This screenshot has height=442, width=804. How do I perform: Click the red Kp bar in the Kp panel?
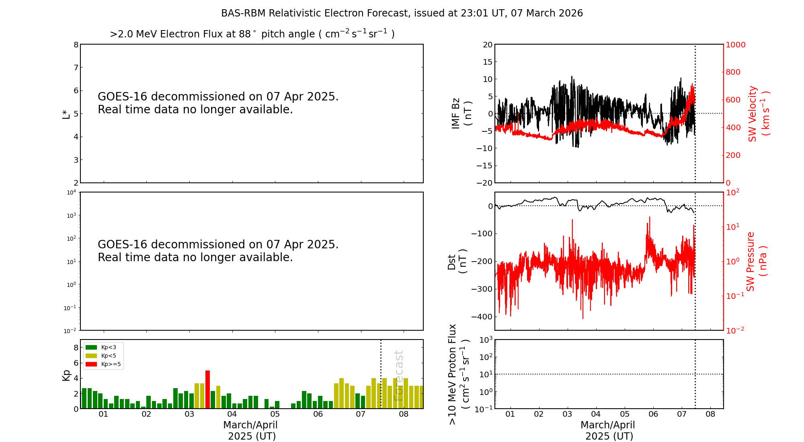click(207, 389)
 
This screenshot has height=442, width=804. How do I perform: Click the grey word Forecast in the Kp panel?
click(398, 375)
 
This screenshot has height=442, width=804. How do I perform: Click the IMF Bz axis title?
click(461, 113)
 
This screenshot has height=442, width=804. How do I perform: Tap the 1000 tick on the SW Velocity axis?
click(735, 45)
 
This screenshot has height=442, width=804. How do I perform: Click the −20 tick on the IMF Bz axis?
click(484, 183)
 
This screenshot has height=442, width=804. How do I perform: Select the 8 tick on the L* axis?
click(76, 45)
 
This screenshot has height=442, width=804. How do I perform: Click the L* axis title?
click(66, 114)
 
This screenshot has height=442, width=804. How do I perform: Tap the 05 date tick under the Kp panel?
click(275, 414)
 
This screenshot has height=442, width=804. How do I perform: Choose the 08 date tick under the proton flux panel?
click(710, 414)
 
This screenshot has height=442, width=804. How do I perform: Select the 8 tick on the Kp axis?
click(76, 348)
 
